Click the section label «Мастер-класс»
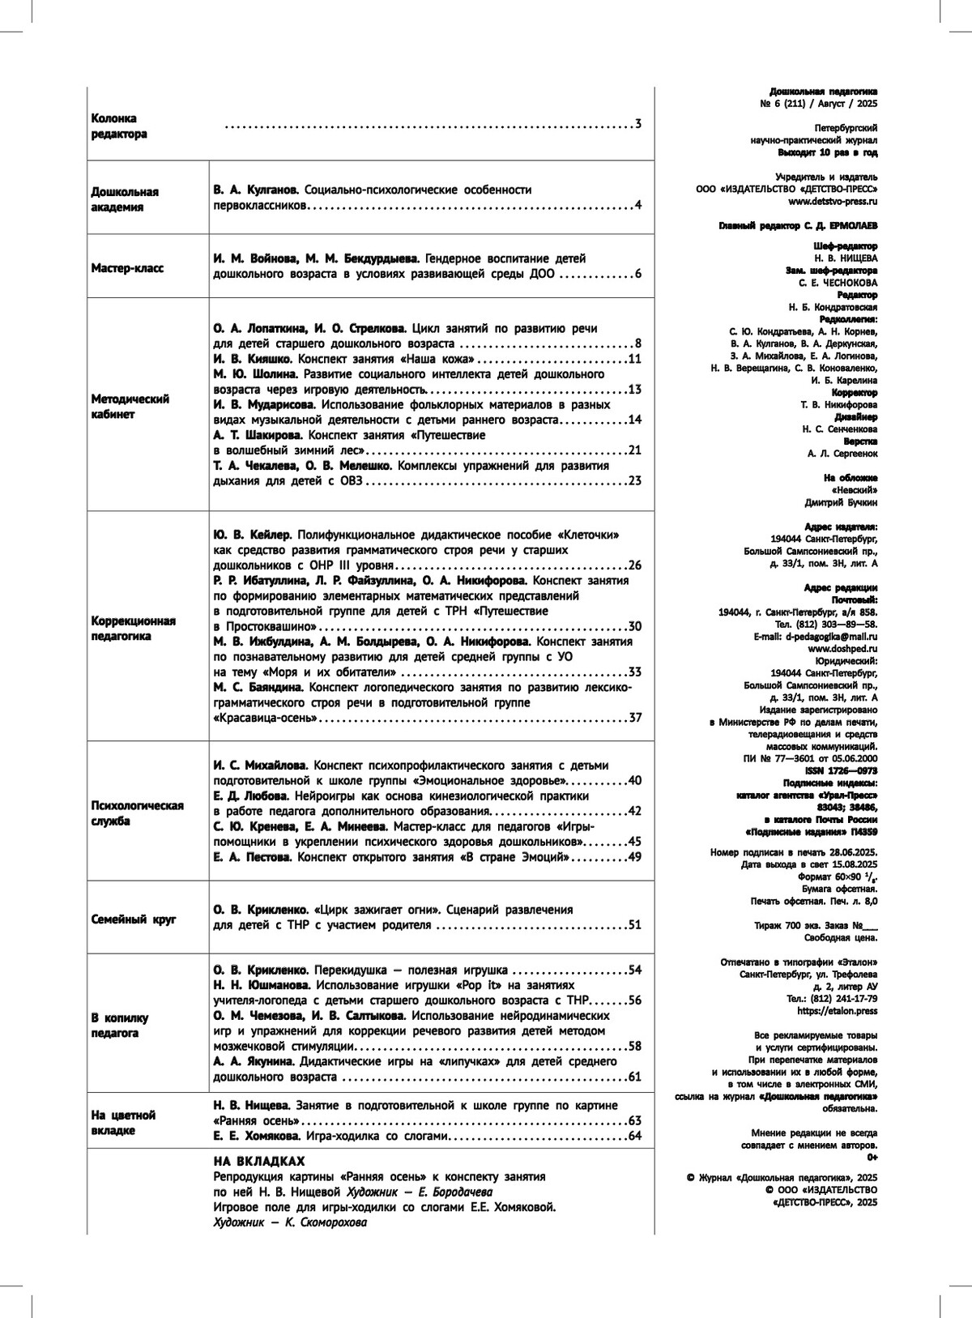[127, 267]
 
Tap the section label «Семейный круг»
[133, 919]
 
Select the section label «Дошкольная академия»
[124, 199]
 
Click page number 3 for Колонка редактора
[638, 125]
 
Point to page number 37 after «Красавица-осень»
[635, 718]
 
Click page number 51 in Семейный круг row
[635, 925]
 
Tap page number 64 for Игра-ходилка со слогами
[635, 1136]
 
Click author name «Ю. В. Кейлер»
[251, 535]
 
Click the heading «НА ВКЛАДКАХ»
[258, 1161]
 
